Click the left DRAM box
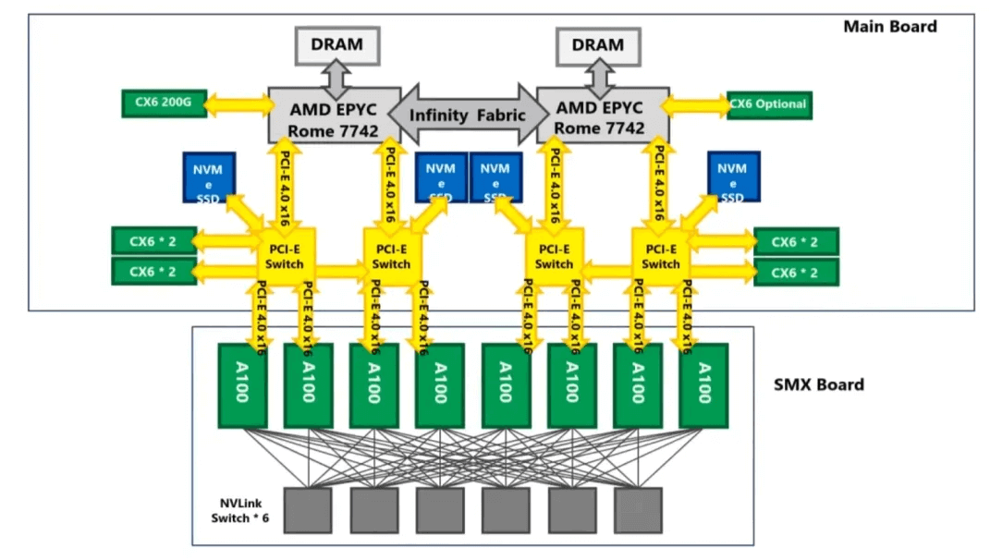pyautogui.click(x=337, y=44)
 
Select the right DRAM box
pyautogui.click(x=598, y=44)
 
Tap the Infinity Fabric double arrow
pyautogui.click(x=468, y=115)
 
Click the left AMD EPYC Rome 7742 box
pyautogui.click(x=334, y=116)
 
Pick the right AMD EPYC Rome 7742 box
pyautogui.click(x=603, y=116)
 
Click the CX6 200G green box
pyautogui.click(x=165, y=103)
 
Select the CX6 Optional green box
pyautogui.click(x=768, y=103)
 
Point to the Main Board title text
pyautogui.click(x=889, y=27)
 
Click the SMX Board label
pyautogui.click(x=818, y=384)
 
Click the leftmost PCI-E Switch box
pyautogui.click(x=283, y=256)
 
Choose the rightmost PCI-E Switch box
pyautogui.click(x=660, y=256)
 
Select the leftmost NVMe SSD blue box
pyautogui.click(x=210, y=177)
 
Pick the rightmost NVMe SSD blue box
pyautogui.click(x=732, y=177)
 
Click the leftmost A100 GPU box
pyautogui.click(x=242, y=384)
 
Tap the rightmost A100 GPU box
pyautogui.click(x=703, y=384)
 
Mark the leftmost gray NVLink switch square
pyautogui.click(x=308, y=509)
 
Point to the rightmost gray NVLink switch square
pyautogui.click(x=637, y=509)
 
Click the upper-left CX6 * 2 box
pyautogui.click(x=153, y=240)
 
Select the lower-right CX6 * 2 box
pyautogui.click(x=796, y=272)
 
